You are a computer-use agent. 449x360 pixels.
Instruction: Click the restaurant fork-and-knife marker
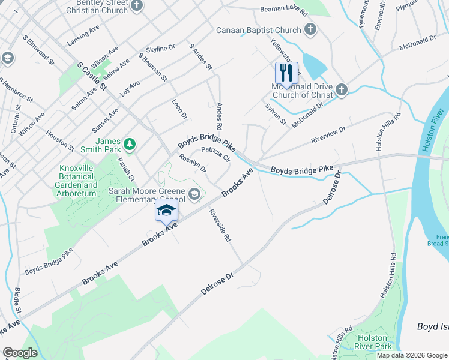point(286,73)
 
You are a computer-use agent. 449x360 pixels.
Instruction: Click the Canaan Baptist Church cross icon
point(310,29)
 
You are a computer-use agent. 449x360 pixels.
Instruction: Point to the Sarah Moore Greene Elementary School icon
point(194,194)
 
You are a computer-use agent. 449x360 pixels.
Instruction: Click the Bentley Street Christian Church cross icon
point(137,6)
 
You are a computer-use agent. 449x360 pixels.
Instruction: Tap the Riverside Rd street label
point(220,225)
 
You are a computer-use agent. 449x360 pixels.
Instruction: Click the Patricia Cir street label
point(216,154)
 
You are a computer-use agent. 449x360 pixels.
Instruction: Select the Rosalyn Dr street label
point(193,163)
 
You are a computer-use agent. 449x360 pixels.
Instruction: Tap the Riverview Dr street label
point(328,135)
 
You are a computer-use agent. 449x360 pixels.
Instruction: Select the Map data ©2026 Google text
point(411,355)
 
